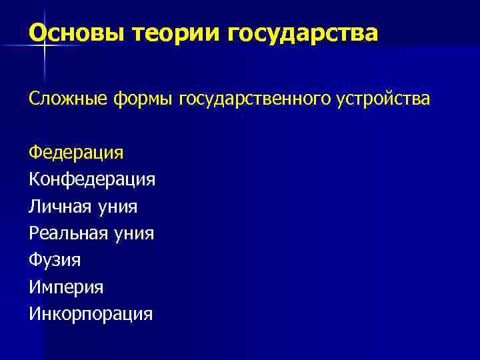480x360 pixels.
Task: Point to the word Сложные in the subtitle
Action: coord(69,99)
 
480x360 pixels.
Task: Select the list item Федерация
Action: coord(76,153)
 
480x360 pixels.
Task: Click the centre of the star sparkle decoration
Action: coord(45,44)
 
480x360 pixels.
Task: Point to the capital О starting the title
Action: coord(38,33)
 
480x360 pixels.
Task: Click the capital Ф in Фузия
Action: coord(35,260)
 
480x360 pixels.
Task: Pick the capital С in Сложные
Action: coord(33,99)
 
